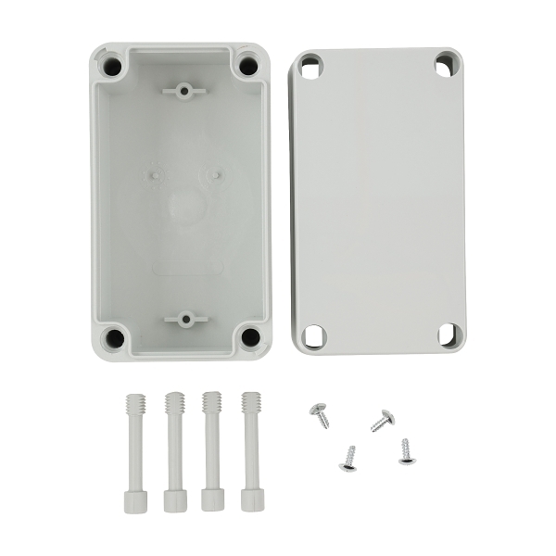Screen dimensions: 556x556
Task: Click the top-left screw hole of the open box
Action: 113,67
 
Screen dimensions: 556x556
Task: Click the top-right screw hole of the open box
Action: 248,67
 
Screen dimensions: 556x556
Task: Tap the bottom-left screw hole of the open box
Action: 114,337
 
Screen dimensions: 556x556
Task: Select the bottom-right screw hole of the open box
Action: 249,336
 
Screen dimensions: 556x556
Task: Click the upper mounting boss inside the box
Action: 183,91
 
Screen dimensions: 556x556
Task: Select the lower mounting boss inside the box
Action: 185,320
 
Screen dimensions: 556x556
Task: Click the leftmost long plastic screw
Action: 132,450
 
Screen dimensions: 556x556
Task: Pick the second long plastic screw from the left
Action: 171,450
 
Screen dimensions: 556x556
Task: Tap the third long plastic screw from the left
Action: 210,450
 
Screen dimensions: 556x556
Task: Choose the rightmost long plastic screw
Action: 250,450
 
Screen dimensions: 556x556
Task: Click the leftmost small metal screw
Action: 320,413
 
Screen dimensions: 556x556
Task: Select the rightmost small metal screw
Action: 405,451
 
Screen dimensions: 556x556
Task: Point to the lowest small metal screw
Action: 348,458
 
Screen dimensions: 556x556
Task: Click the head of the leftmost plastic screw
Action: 132,500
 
